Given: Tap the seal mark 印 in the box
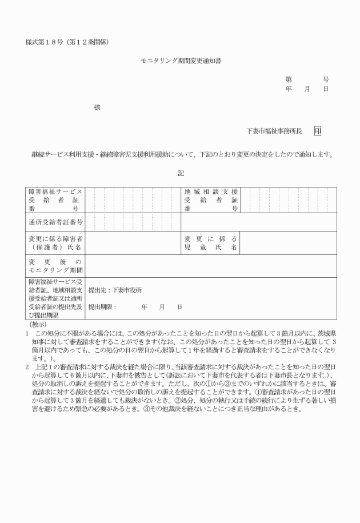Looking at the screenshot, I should pyautogui.click(x=317, y=131).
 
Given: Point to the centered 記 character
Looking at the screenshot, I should pyautogui.click(x=180, y=173).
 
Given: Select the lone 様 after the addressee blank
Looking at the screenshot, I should pyautogui.click(x=97, y=106).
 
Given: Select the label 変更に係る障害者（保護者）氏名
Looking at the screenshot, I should pyautogui.click(x=56, y=243).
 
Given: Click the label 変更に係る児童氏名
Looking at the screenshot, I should pyautogui.click(x=211, y=243).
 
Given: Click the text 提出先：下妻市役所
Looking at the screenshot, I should pyautogui.click(x=115, y=290).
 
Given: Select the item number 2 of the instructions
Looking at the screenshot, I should pyautogui.click(x=27, y=365).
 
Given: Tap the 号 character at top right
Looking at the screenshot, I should pyautogui.click(x=326, y=79).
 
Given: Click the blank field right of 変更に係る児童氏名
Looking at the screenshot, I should pyautogui.click(x=289, y=243).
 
